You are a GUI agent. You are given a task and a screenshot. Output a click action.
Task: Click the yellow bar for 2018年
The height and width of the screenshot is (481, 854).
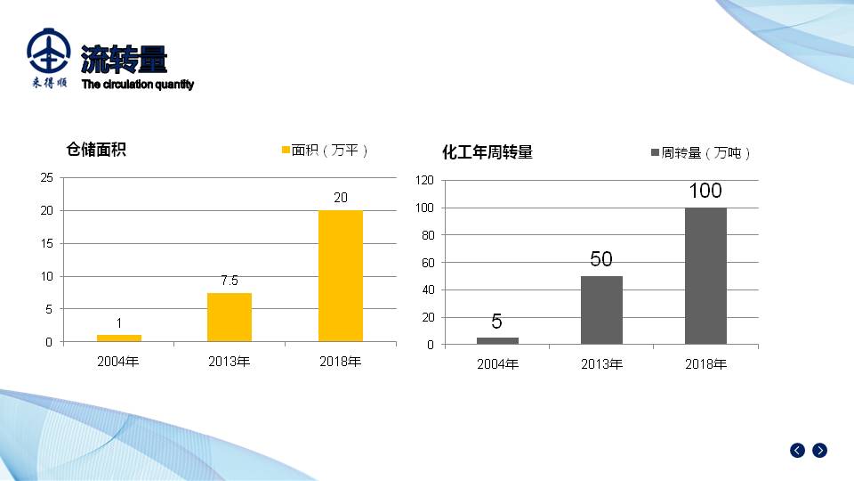click(341, 275)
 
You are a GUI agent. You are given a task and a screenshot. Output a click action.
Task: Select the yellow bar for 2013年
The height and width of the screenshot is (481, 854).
click(230, 317)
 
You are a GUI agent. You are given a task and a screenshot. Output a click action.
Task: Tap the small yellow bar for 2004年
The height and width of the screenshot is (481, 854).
click(119, 338)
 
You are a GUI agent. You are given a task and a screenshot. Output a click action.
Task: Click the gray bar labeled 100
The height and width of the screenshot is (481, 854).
click(705, 275)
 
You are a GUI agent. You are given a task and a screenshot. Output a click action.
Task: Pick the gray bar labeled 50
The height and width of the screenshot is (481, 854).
click(601, 310)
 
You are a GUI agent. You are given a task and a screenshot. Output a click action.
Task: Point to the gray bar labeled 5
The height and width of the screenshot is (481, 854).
click(497, 340)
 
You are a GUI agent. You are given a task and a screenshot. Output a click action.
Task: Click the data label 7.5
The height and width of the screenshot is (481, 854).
click(230, 281)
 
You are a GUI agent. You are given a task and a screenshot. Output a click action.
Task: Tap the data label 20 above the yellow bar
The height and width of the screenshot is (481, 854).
click(341, 198)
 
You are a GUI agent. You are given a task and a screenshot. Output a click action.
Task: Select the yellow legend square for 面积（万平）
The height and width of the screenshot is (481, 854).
click(286, 151)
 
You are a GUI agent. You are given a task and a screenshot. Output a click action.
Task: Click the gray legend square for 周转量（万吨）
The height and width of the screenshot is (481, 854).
click(656, 153)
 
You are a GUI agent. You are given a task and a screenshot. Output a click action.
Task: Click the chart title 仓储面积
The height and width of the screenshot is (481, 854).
click(96, 150)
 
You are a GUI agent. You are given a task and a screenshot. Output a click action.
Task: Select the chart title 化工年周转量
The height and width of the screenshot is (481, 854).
click(487, 152)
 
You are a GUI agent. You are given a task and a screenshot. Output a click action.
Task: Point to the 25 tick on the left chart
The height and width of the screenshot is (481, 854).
click(46, 177)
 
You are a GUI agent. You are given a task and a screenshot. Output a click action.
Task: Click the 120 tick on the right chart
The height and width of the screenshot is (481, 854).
click(424, 181)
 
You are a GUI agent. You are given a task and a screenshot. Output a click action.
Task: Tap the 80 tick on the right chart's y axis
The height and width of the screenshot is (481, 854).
click(427, 235)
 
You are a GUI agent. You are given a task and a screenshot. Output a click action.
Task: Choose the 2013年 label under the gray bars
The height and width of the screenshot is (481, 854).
click(601, 364)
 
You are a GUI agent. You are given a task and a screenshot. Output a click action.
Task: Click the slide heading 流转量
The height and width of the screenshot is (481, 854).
click(124, 60)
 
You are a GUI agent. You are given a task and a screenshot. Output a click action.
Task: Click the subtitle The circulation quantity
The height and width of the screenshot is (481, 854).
click(138, 85)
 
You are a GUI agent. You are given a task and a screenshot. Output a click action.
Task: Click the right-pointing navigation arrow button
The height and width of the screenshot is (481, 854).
click(820, 451)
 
